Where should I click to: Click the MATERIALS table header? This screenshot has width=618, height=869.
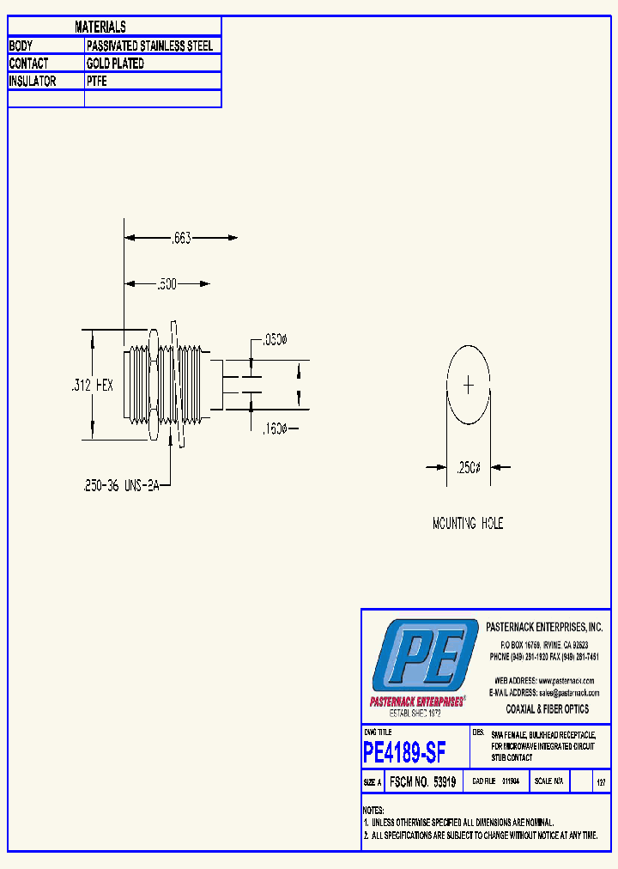[100, 27]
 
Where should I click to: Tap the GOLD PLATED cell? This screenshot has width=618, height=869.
[115, 64]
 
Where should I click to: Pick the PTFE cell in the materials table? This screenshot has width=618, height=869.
[96, 82]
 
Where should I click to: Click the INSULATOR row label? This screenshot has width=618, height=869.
[33, 82]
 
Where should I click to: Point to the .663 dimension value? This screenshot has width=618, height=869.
[182, 238]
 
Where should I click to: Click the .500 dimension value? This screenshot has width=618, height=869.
[167, 284]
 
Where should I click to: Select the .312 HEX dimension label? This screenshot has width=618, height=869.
[92, 386]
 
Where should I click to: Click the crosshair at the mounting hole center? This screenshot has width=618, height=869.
[468, 386]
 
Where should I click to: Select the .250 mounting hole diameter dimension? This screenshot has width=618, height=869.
[468, 468]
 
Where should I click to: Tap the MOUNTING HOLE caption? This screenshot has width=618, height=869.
[468, 523]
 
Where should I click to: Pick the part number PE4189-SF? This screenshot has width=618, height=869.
[404, 753]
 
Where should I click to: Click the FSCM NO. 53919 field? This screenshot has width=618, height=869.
[421, 782]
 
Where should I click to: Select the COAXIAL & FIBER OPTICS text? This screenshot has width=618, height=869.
[548, 709]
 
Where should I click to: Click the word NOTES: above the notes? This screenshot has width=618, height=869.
[373, 811]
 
